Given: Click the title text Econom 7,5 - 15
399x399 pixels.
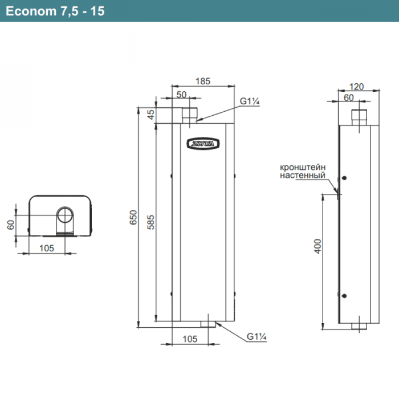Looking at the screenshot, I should (x=55, y=11).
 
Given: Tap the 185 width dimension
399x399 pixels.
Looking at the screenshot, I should (x=203, y=81).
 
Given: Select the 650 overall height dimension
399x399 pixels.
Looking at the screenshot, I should (x=133, y=217).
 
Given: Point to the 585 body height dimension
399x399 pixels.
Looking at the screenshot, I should (x=151, y=223).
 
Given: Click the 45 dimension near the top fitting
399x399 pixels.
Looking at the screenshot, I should (x=151, y=115).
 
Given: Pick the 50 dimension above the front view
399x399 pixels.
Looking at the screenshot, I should (x=182, y=95).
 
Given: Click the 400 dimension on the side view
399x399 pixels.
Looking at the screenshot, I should (x=318, y=246).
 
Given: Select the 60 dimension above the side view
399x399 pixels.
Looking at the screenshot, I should (x=349, y=97).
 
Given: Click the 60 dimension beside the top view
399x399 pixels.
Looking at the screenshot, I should (x=10, y=224).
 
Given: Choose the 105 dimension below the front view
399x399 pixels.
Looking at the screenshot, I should (x=190, y=339).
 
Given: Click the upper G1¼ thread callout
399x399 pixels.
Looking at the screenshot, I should (x=249, y=101).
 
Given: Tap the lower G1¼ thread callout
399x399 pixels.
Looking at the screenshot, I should (x=257, y=337).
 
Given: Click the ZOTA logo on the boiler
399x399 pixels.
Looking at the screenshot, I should (x=201, y=143).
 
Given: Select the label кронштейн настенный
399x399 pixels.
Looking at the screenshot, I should (x=303, y=172).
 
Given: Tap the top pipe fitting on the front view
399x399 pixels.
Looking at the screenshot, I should (x=189, y=113).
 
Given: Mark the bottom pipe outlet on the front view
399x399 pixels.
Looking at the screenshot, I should (x=209, y=324).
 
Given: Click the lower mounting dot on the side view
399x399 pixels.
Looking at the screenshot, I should (x=344, y=295).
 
